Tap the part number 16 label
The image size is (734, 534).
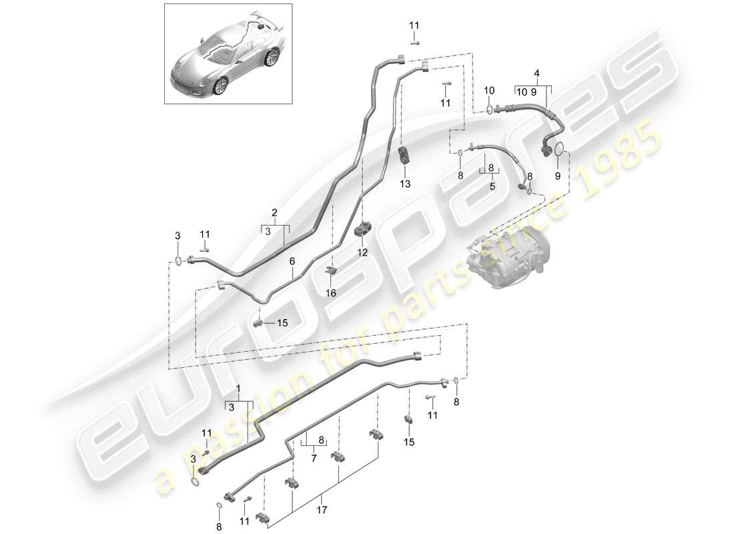pos(331,292)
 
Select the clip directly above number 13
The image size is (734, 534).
pos(404,156)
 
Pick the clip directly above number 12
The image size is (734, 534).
pos(364,228)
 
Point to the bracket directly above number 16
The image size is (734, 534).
pos(330,270)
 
